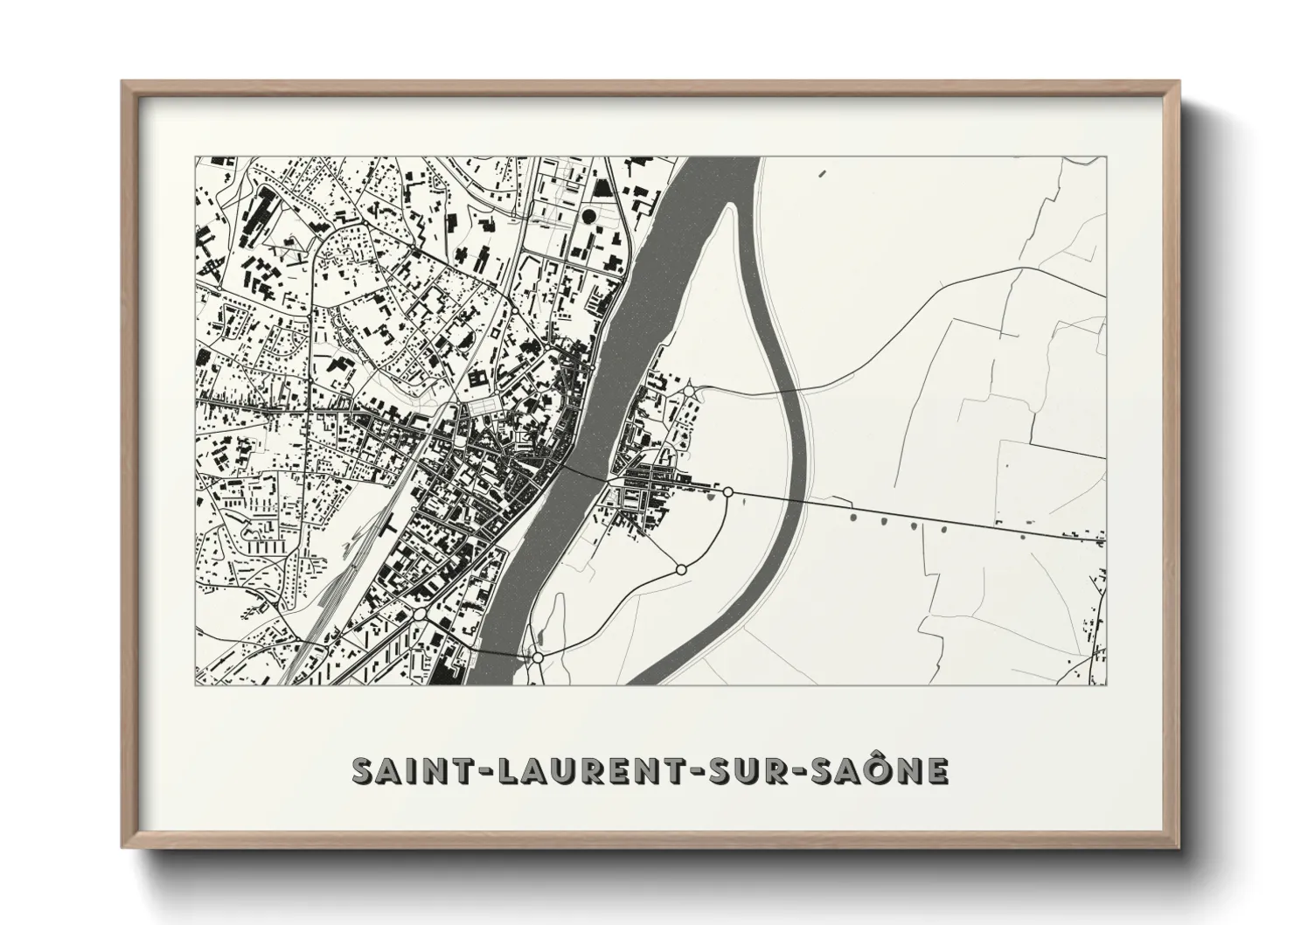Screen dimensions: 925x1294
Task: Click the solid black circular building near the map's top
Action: (588, 214)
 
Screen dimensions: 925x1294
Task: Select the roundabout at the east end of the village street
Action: (727, 493)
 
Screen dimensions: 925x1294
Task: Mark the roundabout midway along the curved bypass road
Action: (681, 569)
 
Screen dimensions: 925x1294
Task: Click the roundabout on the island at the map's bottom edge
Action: (539, 657)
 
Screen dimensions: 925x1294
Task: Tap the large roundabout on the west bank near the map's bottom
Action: (420, 615)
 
